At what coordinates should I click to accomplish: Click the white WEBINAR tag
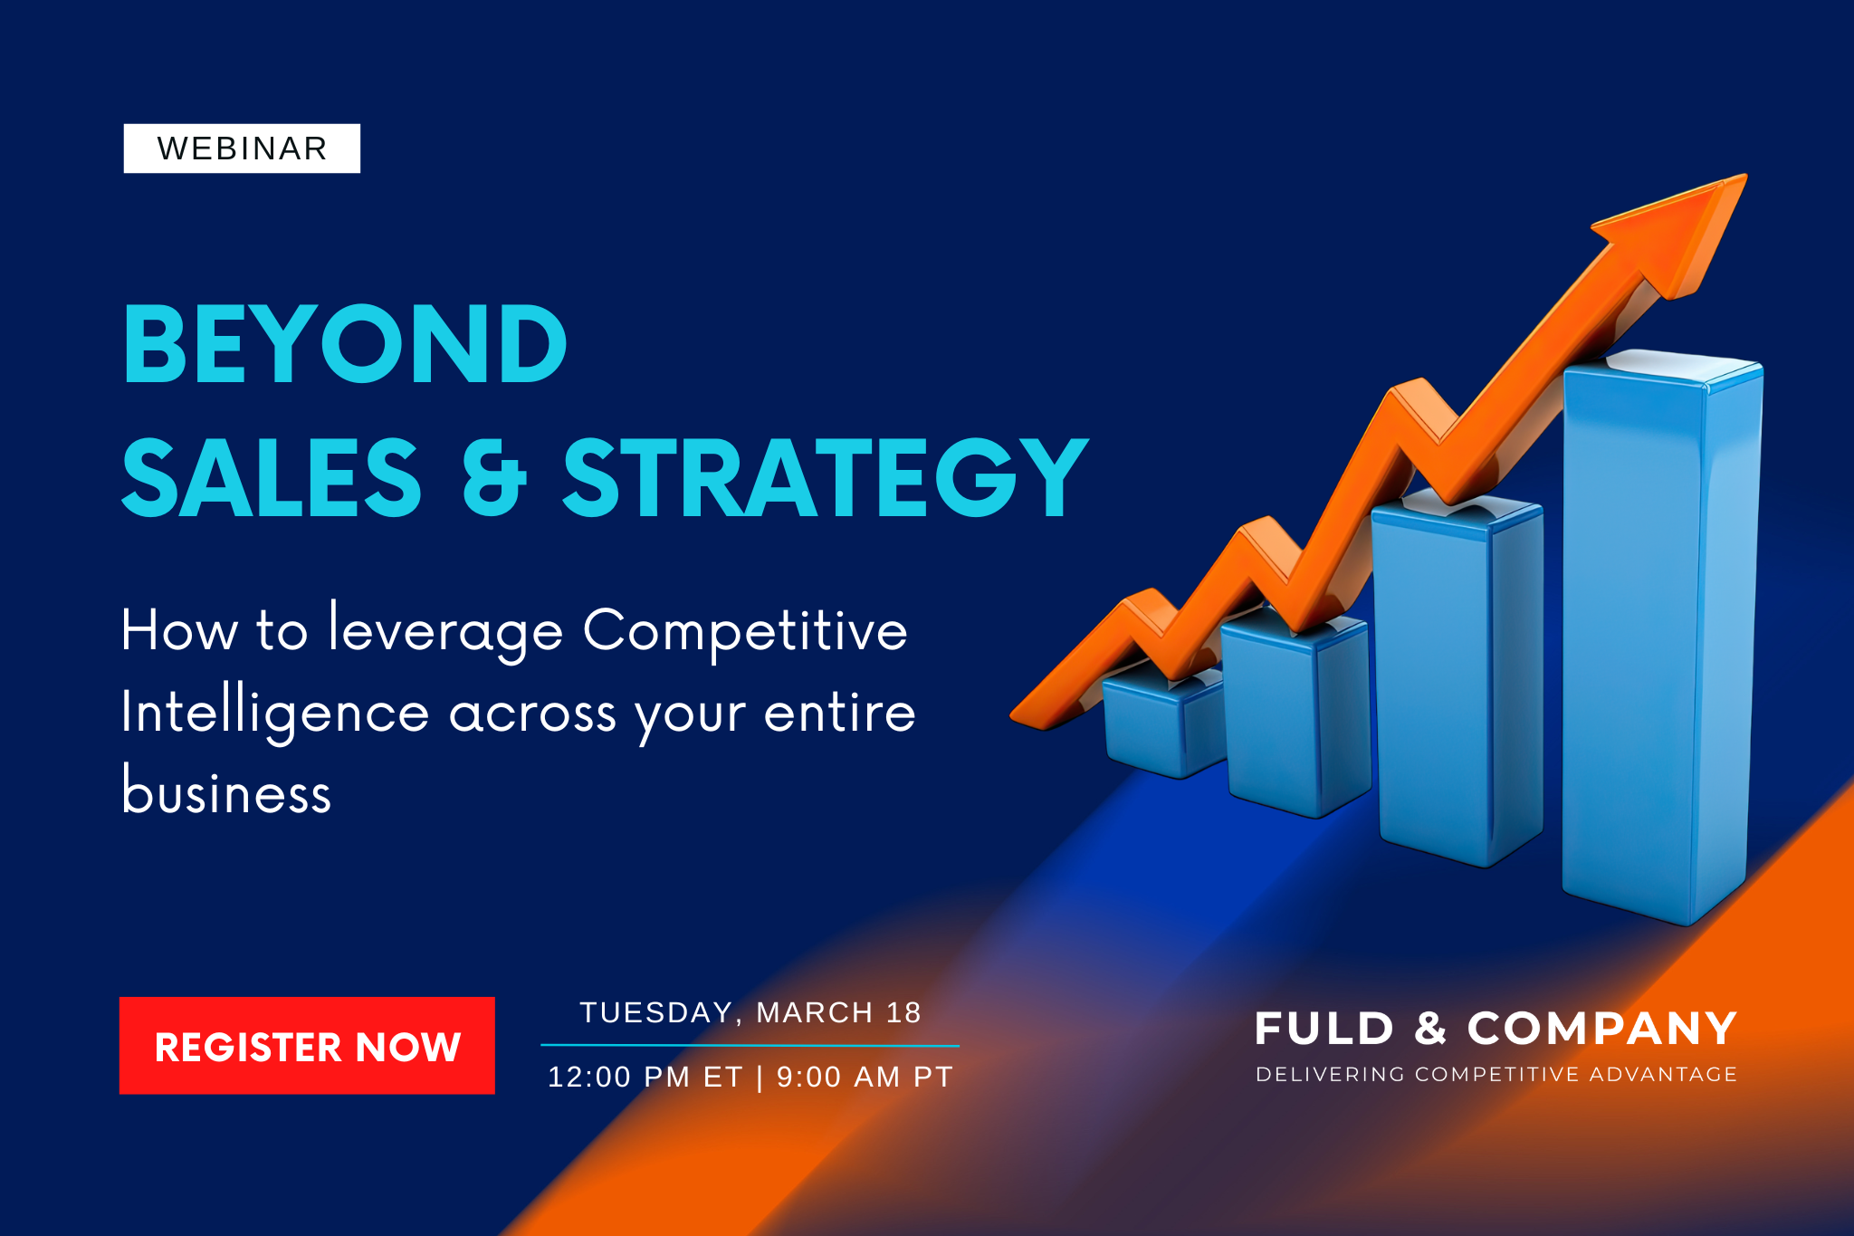[242, 149]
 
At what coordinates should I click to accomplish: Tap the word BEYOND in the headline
[345, 344]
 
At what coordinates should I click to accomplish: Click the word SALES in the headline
[272, 477]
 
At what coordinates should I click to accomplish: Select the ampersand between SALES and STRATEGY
[494, 477]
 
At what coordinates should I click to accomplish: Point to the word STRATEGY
[825, 477]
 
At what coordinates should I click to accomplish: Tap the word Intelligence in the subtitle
[275, 714]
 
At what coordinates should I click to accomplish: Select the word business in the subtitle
[227, 790]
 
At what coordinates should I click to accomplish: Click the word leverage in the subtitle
[446, 631]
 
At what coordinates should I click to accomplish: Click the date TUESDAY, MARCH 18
[750, 1012]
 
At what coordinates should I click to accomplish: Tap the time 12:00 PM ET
[645, 1077]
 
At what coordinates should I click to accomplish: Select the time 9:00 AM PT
[865, 1077]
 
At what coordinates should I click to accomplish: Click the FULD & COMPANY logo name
[1496, 1029]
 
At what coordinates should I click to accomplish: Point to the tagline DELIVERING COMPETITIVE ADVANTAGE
[1496, 1075]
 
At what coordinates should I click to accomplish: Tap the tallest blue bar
[1661, 638]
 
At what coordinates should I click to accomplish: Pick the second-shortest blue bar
[1295, 715]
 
